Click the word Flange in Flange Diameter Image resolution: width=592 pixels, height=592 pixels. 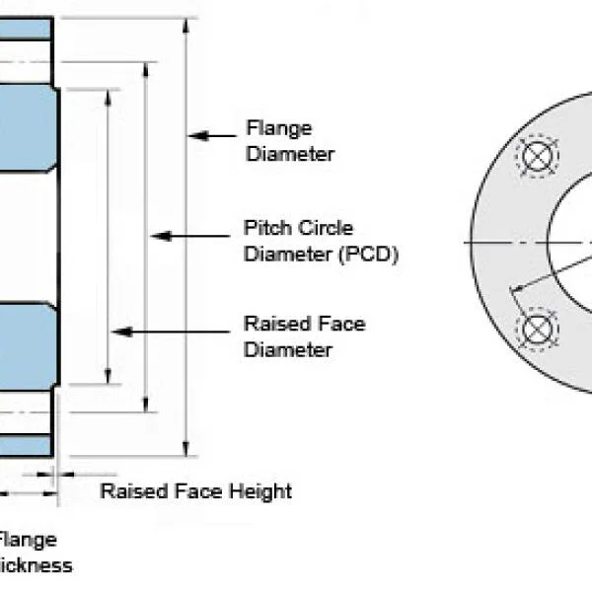pyautogui.click(x=278, y=128)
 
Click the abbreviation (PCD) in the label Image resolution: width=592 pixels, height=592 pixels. pyautogui.click(x=367, y=254)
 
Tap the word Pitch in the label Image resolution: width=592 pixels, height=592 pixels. pyautogui.click(x=264, y=229)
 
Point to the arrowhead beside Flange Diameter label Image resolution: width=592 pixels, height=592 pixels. pyautogui.click(x=198, y=135)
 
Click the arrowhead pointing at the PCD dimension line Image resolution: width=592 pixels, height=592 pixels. pyautogui.click(x=159, y=236)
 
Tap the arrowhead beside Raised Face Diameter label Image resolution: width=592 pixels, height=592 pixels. pyautogui.click(x=121, y=332)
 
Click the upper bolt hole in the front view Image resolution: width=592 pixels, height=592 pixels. pyautogui.click(x=536, y=156)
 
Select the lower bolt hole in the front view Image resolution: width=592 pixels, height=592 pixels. pyautogui.click(x=536, y=329)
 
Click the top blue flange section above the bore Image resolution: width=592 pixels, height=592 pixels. pyautogui.click(x=25, y=28)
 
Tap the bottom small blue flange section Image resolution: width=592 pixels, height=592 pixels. pyautogui.click(x=25, y=446)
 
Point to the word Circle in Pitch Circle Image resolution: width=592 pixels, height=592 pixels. pyautogui.click(x=327, y=229)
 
